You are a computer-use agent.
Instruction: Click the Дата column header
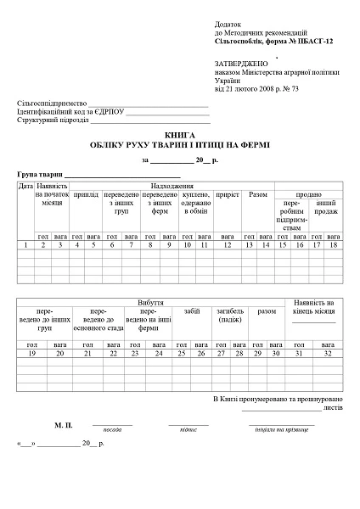click(25, 185)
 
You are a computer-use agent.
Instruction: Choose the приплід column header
click(85, 195)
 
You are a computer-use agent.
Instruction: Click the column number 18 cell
click(333, 244)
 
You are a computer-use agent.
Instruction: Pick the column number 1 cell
click(25, 244)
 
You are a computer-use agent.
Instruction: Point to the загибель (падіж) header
click(228, 316)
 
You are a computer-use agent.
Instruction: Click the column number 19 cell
click(32, 352)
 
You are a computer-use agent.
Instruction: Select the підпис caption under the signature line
click(188, 431)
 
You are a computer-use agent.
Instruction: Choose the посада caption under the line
click(112, 431)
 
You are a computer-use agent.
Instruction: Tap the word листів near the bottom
click(332, 406)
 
